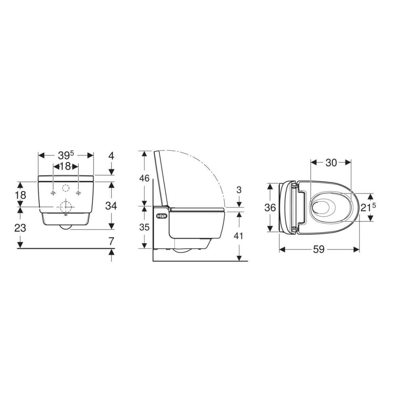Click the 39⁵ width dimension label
click(x=66, y=156)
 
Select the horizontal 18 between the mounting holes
click(x=65, y=166)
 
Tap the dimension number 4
click(x=111, y=156)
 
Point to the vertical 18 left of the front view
click(x=20, y=195)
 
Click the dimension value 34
click(x=111, y=206)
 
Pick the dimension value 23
click(x=20, y=228)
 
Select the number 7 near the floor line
click(x=112, y=241)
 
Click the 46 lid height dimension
click(x=144, y=178)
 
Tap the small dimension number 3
click(x=239, y=190)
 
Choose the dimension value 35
click(x=144, y=227)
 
